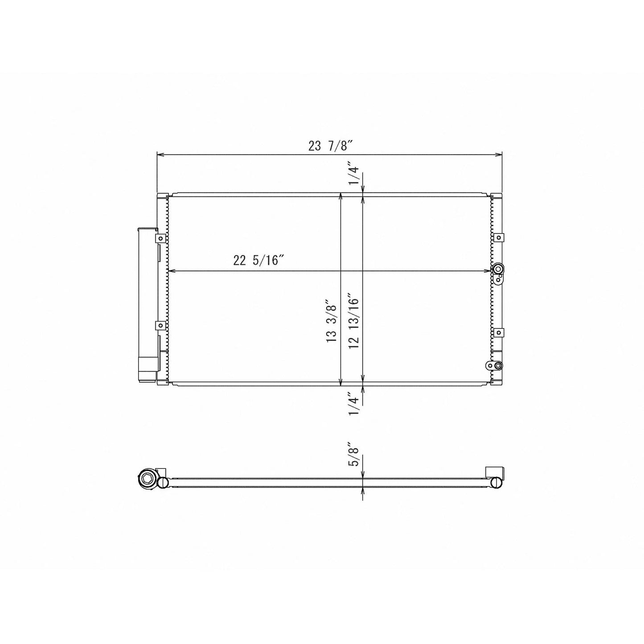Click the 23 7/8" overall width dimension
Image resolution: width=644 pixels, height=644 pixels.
pos(330,146)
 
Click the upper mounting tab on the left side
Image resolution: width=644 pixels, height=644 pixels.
pos(160,238)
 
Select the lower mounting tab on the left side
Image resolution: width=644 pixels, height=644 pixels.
pos(160,325)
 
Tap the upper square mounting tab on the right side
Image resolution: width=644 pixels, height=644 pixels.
pos(499,238)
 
